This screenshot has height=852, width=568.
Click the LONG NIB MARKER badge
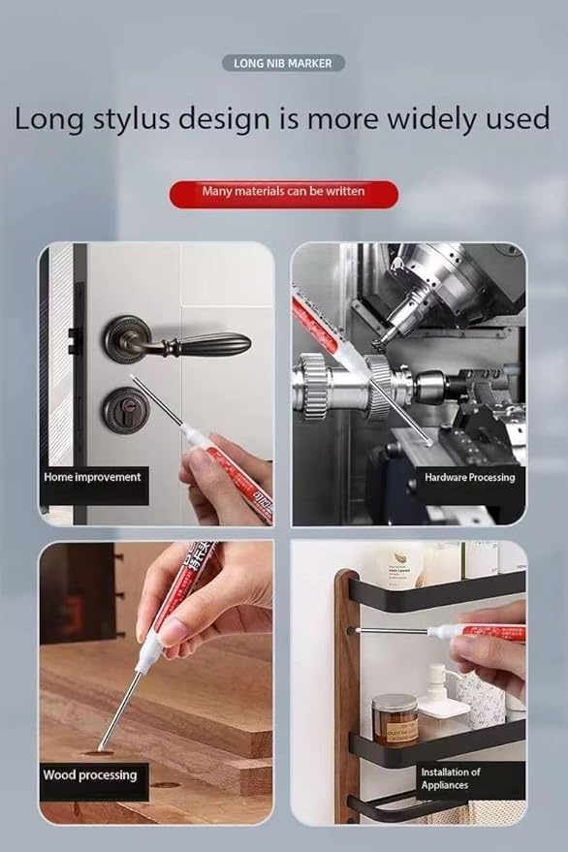tap(283, 63)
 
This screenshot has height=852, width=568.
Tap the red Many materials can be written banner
tap(283, 192)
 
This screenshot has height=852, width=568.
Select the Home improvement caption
tap(92, 477)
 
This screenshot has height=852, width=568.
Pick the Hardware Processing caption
tap(469, 477)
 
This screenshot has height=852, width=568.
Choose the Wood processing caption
tap(90, 775)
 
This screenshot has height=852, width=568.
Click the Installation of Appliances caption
tap(450, 778)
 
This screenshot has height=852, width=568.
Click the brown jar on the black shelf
tap(394, 717)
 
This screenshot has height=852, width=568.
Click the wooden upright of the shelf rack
tap(345, 678)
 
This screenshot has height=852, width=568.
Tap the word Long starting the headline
tap(48, 119)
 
